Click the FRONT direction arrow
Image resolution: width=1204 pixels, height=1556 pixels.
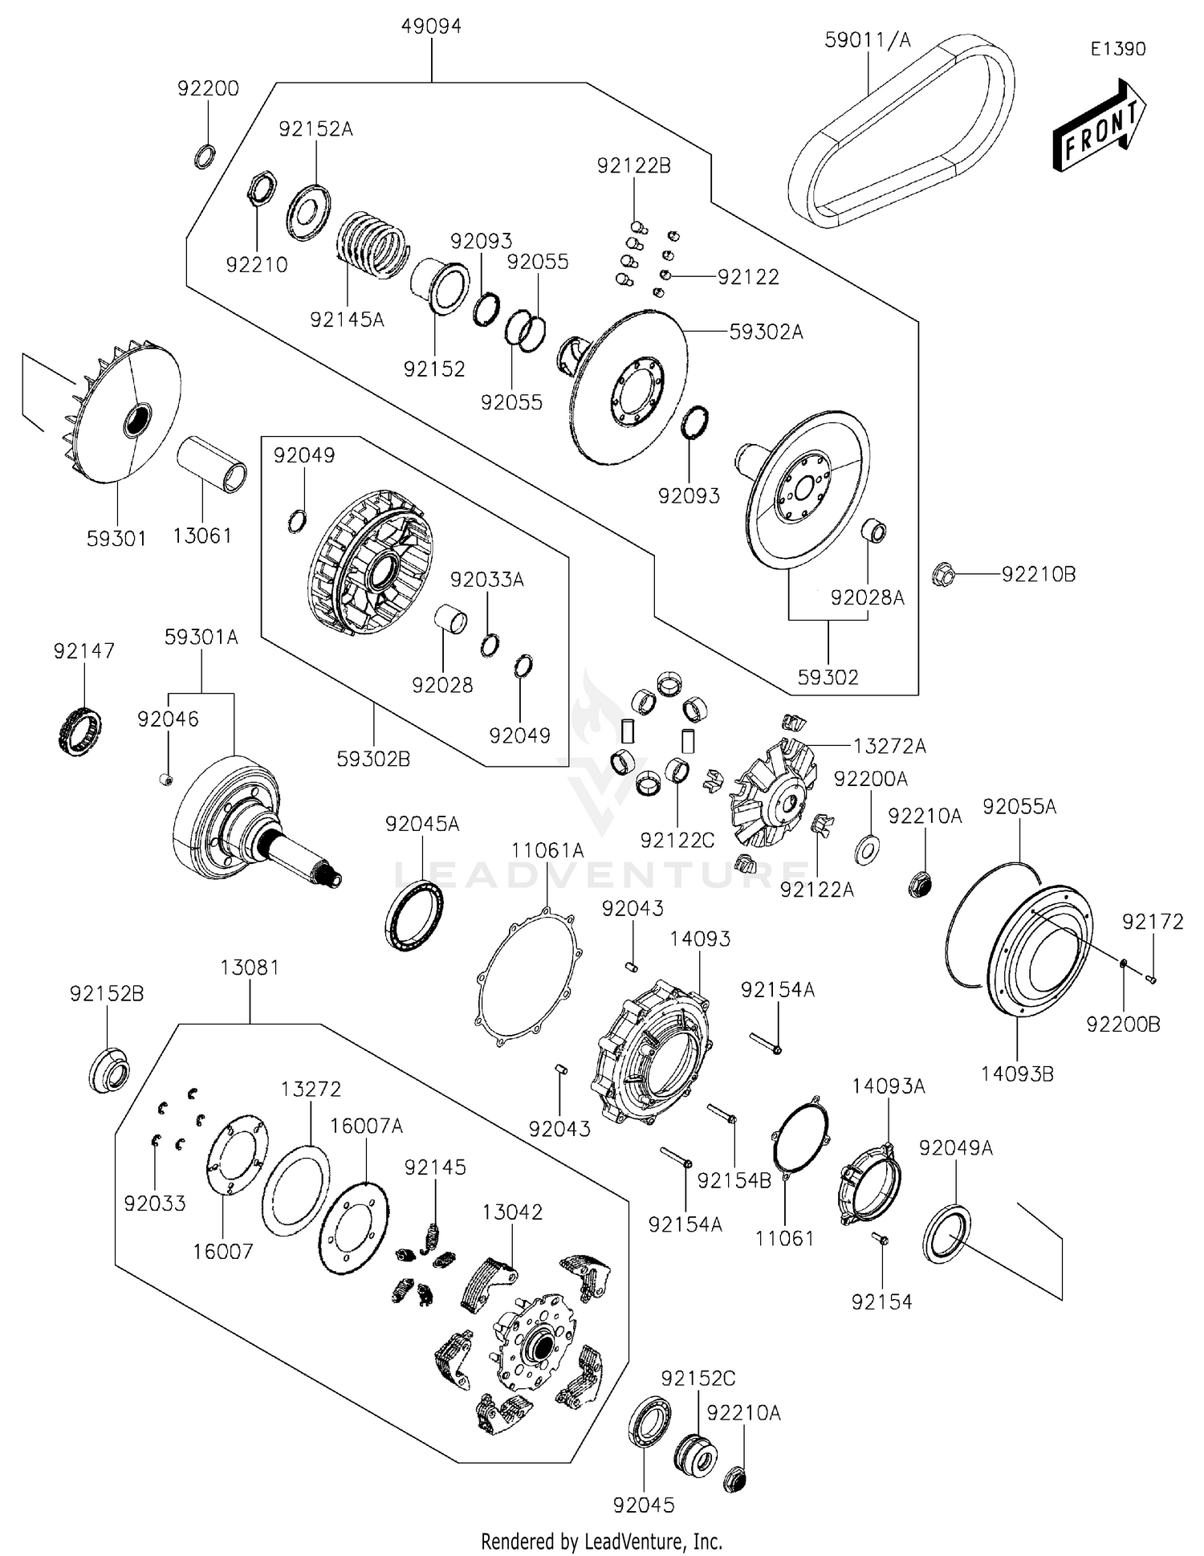pos(1098,127)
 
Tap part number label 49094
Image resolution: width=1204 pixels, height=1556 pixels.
pos(431,26)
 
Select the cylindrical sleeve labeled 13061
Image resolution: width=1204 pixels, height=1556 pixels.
pos(211,464)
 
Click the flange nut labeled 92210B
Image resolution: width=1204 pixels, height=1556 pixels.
pos(944,575)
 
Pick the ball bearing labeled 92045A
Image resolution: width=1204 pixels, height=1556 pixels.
pos(414,915)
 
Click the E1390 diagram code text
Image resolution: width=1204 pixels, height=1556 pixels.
pos(1117,49)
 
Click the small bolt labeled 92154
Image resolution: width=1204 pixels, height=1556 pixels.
pos(880,1239)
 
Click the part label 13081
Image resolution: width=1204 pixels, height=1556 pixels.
pos(250,967)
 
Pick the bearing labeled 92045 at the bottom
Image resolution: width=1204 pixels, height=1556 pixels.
pos(649,1422)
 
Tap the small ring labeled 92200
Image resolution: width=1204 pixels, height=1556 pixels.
pos(204,156)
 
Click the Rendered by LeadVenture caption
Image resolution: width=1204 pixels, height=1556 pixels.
pos(601,1541)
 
